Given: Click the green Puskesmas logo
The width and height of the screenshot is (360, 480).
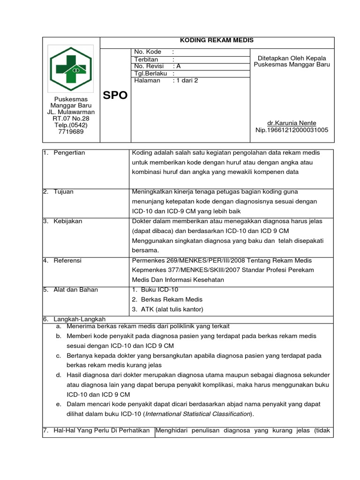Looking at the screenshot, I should (x=71, y=68).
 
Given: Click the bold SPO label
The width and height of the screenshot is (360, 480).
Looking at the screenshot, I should (x=115, y=95).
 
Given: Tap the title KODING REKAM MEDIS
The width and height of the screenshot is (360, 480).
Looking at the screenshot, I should (x=217, y=40).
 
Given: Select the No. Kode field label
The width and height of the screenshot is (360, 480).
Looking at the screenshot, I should (x=148, y=52).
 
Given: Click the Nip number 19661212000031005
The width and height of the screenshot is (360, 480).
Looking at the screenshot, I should (x=292, y=130).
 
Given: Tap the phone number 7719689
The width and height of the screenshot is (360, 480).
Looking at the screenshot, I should (x=71, y=132).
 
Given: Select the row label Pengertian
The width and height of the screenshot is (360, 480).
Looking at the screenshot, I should (x=69, y=153).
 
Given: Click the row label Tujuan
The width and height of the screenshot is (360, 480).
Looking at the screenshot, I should (x=63, y=192).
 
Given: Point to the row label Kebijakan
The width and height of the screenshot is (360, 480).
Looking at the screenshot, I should (x=67, y=221).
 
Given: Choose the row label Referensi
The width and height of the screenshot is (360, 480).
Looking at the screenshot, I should (x=67, y=260).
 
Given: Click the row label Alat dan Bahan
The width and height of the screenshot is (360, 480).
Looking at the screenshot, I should (x=75, y=290).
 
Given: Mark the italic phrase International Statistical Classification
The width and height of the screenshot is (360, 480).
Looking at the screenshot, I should (x=198, y=414).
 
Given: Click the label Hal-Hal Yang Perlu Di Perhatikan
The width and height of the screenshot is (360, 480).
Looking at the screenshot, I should (x=101, y=430).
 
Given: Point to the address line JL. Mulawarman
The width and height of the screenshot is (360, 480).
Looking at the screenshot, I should (x=71, y=112).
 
